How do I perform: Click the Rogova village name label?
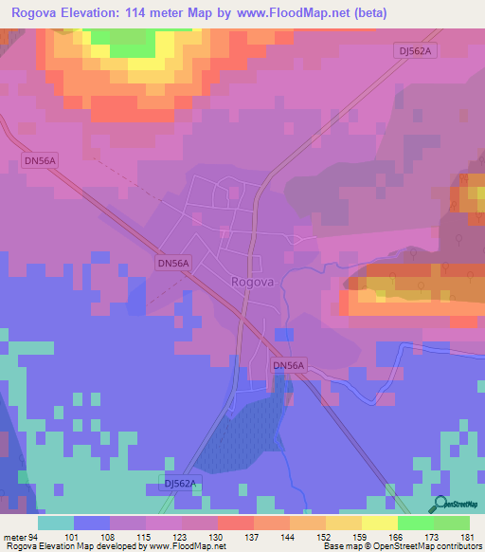coord(251,281)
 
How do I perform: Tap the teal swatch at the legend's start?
coord(56,523)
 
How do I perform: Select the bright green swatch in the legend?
coord(415,523)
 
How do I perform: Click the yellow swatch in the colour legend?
coord(379,523)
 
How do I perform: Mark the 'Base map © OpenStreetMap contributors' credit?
coord(402,546)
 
